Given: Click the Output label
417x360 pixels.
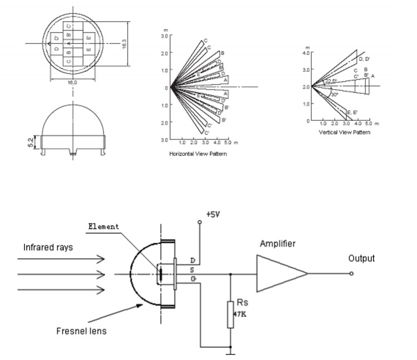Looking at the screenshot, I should (361, 258).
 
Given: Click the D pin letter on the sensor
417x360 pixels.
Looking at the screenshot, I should (192, 260).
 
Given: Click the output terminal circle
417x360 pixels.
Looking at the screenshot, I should (351, 273).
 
